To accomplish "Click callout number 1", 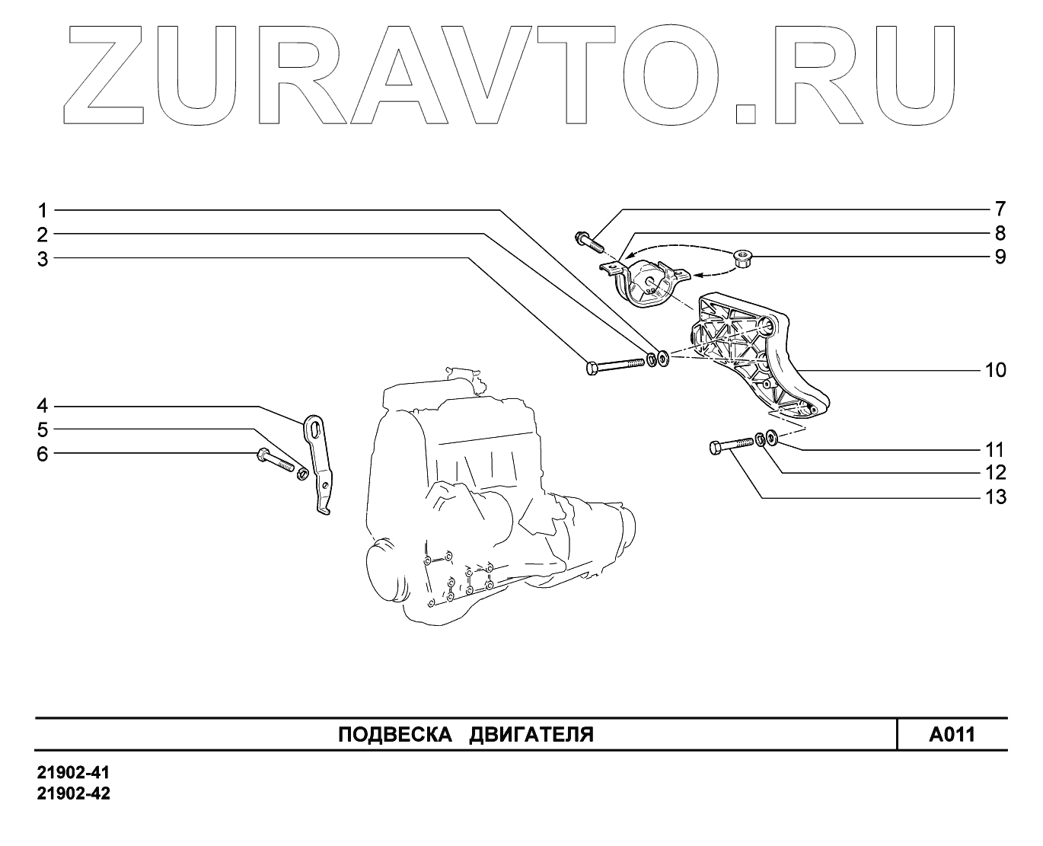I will click(x=43, y=209).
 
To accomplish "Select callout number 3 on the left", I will click(x=43, y=259).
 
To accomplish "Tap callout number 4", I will click(x=43, y=405).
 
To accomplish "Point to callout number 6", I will click(x=43, y=455).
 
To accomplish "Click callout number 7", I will click(x=1000, y=209).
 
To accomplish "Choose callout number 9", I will click(x=1000, y=257).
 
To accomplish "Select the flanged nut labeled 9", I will click(x=742, y=261).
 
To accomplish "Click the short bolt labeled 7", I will click(x=588, y=240).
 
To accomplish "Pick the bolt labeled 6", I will click(x=275, y=461).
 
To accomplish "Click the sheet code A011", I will click(x=952, y=735).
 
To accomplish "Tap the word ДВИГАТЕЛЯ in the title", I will click(x=531, y=735).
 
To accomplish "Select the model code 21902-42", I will click(x=74, y=793).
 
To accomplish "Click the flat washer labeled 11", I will click(x=771, y=437).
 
